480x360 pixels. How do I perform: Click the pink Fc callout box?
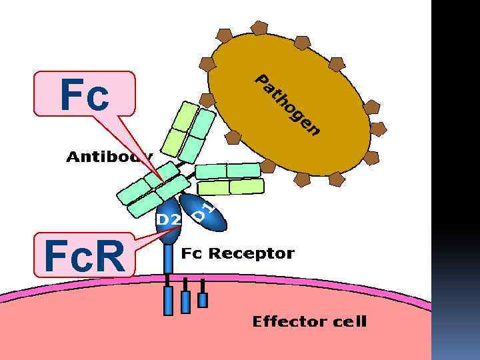[x=85, y=94]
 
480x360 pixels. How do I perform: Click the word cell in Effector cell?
[x=350, y=322]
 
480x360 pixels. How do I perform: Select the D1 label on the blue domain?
[x=204, y=211]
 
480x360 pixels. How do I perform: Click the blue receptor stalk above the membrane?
[x=168, y=260]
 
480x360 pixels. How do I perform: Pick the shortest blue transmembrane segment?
[x=203, y=300]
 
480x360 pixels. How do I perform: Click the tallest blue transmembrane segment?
[x=168, y=301]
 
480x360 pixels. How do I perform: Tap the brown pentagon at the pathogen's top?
[x=259, y=28]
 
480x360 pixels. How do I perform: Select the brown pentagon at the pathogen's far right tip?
[x=378, y=129]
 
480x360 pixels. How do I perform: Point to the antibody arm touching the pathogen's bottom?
[x=230, y=178]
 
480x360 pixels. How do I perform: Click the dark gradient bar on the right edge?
[x=455, y=180]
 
